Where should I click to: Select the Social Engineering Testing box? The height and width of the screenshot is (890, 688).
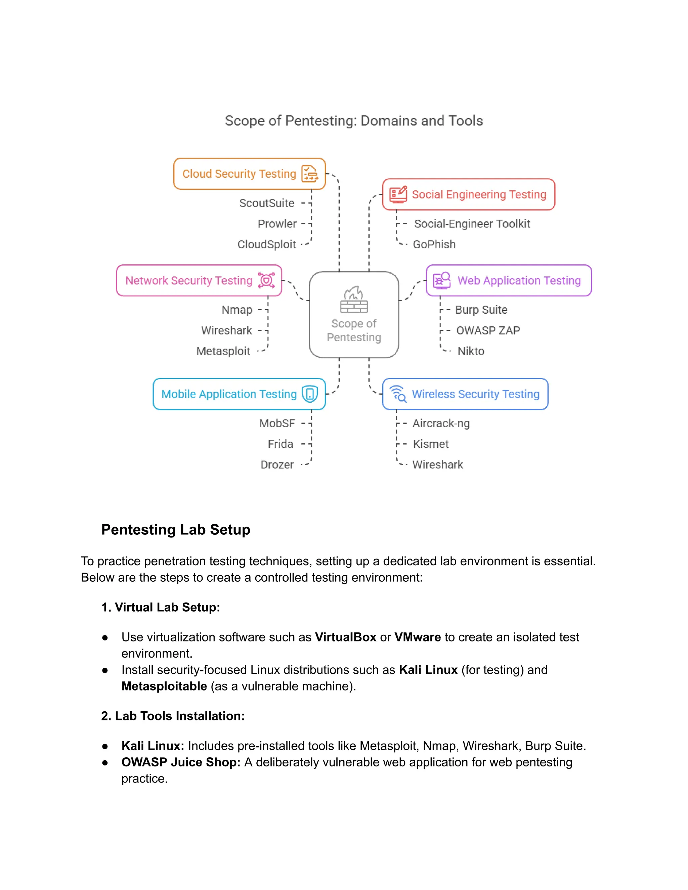(x=468, y=195)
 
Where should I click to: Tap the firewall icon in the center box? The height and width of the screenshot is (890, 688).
(x=354, y=300)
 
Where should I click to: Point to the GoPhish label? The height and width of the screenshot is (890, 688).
(x=434, y=244)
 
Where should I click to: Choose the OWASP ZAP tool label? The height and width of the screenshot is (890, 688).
(x=488, y=330)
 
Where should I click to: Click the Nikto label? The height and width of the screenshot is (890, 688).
(x=471, y=351)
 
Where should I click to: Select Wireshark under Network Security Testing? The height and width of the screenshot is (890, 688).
(x=227, y=330)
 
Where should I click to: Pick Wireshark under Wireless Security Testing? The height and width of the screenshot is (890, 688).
(x=438, y=464)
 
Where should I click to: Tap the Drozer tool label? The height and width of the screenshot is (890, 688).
(x=277, y=464)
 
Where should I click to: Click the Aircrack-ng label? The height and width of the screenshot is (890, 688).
(x=441, y=424)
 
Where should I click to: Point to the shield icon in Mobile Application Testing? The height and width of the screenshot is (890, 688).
(x=310, y=394)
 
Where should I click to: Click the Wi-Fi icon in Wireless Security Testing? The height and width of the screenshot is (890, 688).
(x=398, y=394)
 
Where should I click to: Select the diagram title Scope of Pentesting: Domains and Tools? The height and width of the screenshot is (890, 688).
(x=354, y=121)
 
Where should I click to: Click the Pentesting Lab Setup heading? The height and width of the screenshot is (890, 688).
(x=176, y=530)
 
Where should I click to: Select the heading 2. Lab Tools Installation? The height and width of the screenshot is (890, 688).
(x=173, y=716)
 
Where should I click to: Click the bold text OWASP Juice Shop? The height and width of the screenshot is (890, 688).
(x=181, y=762)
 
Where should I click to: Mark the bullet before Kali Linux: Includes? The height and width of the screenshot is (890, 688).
(x=105, y=746)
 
